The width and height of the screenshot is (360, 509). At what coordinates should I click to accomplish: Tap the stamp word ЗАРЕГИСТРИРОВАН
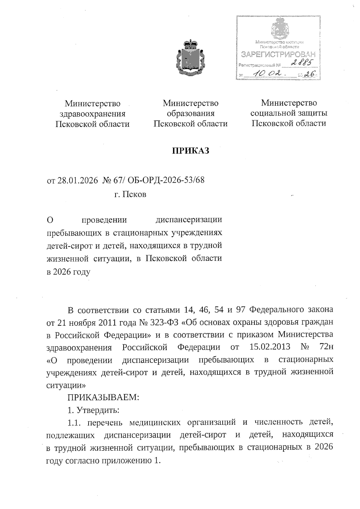click(x=279, y=54)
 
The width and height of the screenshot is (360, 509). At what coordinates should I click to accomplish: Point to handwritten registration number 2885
click(x=301, y=63)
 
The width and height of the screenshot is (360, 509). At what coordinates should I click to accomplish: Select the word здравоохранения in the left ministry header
click(x=92, y=114)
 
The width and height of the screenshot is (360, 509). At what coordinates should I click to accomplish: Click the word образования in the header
click(x=190, y=113)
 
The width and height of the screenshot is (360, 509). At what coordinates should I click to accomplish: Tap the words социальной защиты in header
click(x=289, y=113)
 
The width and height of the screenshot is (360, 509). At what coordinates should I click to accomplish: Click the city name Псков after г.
click(x=135, y=194)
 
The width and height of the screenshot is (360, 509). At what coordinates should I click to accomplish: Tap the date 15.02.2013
click(x=270, y=347)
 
